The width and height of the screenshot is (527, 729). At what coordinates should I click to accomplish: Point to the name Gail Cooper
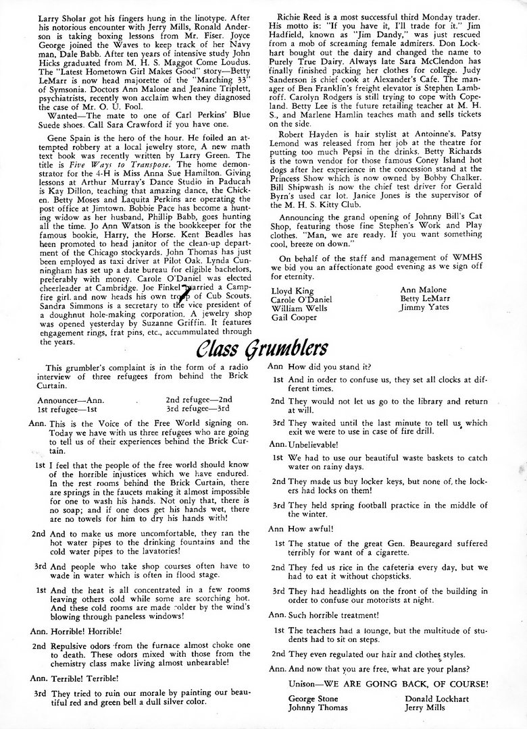pyautogui.click(x=294, y=317)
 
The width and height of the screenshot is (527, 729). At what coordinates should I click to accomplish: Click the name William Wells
pyautogui.click(x=299, y=307)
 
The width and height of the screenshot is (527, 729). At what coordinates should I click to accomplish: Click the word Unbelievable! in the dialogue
pyautogui.click(x=316, y=444)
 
